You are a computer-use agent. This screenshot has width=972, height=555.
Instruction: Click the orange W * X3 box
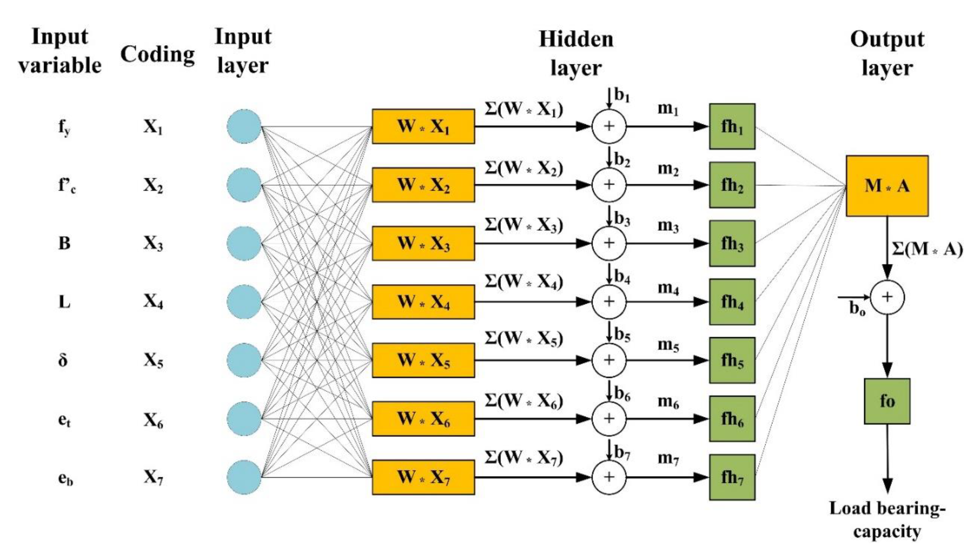[x=423, y=243]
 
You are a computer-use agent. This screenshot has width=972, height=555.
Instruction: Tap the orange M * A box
[x=887, y=186]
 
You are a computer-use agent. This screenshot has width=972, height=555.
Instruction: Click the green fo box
[x=887, y=401]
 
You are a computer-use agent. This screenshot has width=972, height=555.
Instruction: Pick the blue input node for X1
[x=244, y=126]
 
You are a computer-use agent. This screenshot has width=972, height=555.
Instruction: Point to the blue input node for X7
[x=244, y=477]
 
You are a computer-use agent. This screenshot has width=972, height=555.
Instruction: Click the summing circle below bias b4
[x=608, y=301]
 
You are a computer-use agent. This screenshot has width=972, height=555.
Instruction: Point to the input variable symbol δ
[x=63, y=360]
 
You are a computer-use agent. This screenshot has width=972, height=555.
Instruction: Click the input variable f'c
[x=67, y=186]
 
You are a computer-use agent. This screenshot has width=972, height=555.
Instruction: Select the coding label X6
[x=153, y=420]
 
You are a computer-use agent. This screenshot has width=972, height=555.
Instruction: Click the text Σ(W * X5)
[x=524, y=339]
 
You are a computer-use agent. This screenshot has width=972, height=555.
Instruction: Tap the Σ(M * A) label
[x=927, y=249]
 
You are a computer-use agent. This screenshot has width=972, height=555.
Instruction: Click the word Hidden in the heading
[x=576, y=39]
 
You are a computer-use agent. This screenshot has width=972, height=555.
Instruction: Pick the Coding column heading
[x=157, y=54]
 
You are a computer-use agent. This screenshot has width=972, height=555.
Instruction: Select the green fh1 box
[x=732, y=126]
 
